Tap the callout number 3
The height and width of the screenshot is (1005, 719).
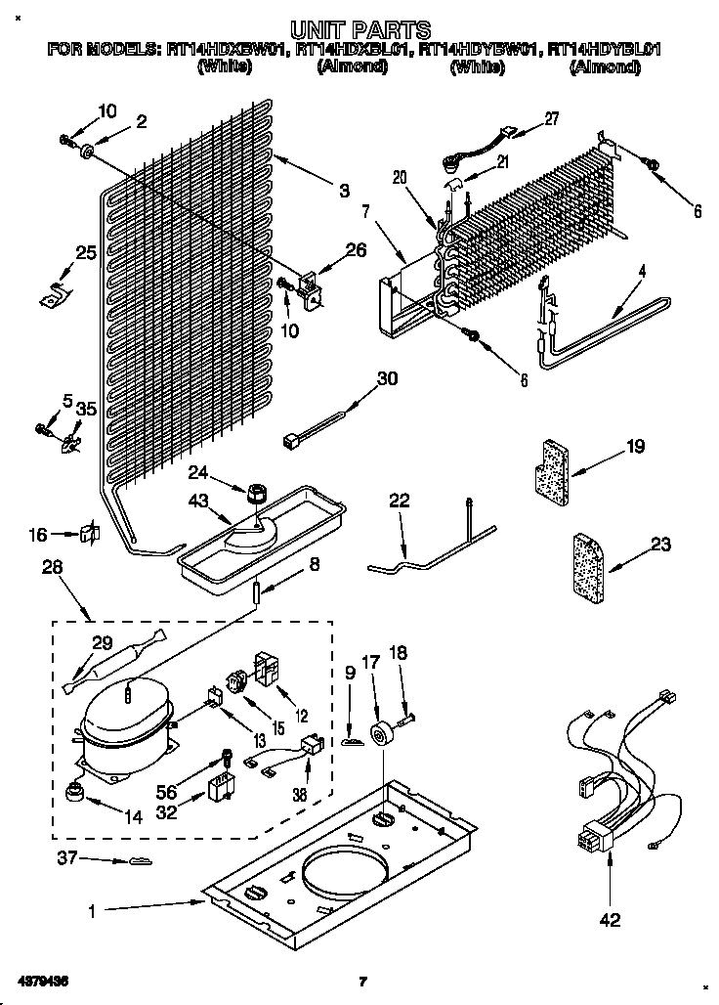click(344, 192)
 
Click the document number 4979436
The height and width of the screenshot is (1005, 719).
click(41, 981)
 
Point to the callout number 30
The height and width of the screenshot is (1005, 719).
click(387, 379)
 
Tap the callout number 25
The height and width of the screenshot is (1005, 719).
click(86, 254)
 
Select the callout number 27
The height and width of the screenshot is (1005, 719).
click(551, 119)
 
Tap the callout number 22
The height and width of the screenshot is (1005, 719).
click(400, 501)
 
